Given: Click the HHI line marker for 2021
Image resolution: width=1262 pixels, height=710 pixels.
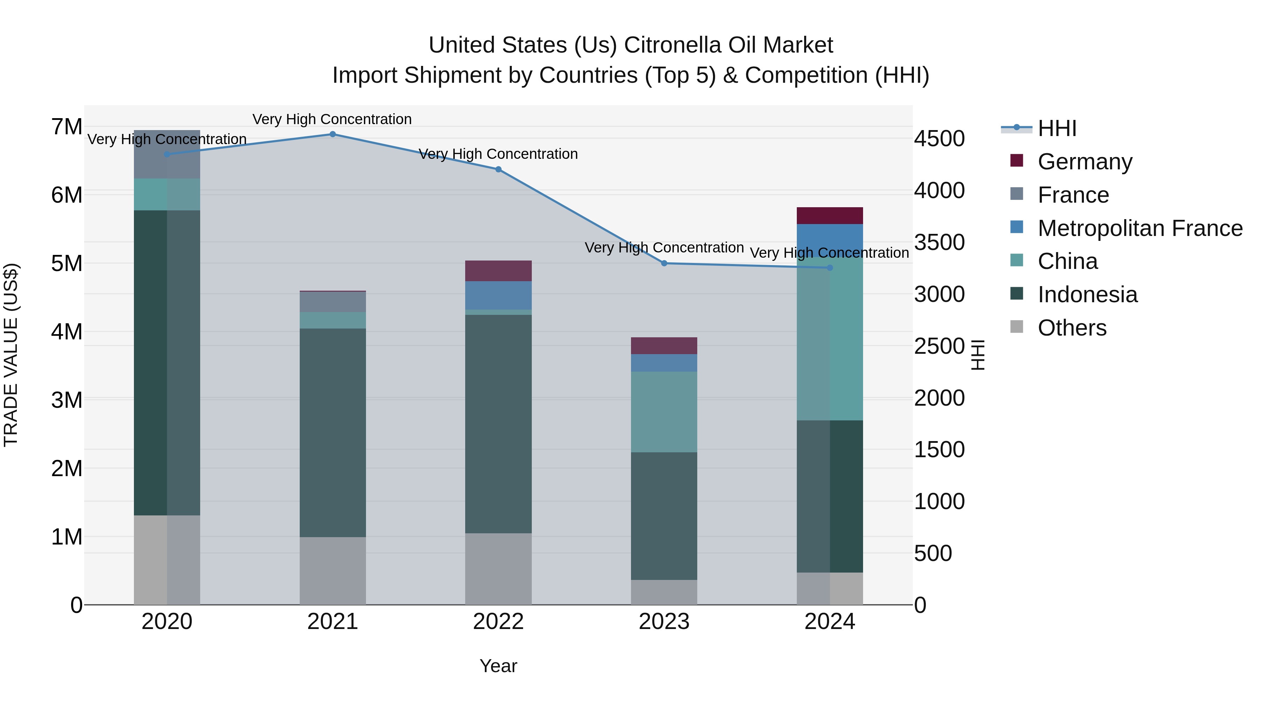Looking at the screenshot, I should tap(332, 134).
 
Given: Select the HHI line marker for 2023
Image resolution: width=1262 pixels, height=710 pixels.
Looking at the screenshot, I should tap(664, 263).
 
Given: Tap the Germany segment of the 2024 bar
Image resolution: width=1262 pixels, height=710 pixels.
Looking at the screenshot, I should tap(829, 216).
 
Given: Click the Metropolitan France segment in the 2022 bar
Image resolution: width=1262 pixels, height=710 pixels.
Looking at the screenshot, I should tap(498, 296).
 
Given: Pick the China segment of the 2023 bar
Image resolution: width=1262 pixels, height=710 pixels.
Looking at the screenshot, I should tap(664, 412).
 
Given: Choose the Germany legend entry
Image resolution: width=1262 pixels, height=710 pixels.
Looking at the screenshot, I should tap(1085, 162).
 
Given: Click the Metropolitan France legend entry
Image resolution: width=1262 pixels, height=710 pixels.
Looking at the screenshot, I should tap(1140, 228).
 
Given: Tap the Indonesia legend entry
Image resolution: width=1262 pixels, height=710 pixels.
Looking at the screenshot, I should tap(1087, 295).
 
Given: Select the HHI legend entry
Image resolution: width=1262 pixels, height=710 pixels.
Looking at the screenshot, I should tap(1057, 128).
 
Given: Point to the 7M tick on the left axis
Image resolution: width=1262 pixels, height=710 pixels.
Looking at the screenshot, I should tap(67, 127).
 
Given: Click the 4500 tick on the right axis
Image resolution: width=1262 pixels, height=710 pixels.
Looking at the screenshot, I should tap(939, 138).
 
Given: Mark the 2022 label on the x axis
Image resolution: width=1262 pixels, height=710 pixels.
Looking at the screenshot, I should tap(498, 622).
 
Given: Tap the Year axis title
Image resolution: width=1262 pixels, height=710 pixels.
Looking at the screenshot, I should tap(498, 666).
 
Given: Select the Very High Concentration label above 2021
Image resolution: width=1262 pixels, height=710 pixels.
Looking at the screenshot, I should tap(332, 119).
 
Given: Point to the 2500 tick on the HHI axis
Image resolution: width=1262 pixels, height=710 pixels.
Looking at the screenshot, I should tap(939, 346).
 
